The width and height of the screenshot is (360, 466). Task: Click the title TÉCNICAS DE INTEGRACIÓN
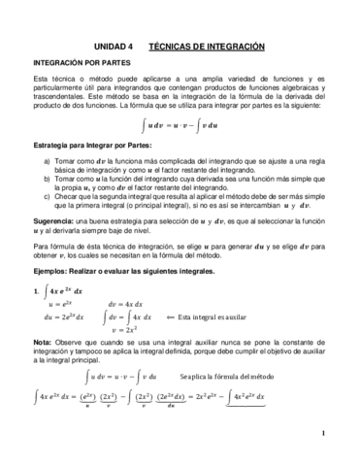click(x=210, y=45)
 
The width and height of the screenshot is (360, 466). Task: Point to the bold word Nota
click(x=42, y=343)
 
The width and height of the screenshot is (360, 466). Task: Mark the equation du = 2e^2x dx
click(x=65, y=316)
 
